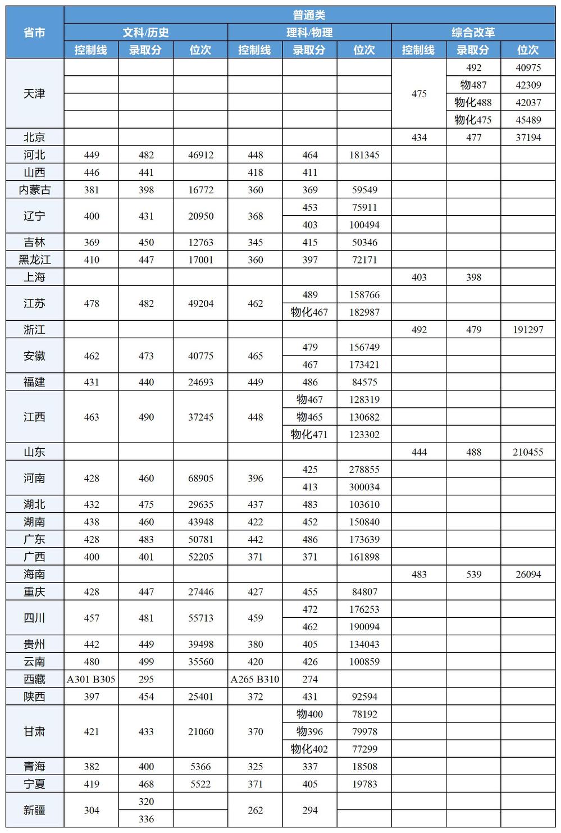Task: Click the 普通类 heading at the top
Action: [x=309, y=15]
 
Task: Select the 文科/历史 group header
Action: [x=145, y=33]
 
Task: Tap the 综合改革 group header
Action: [x=473, y=33]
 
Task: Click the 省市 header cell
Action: [x=35, y=33]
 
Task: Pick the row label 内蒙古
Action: [x=35, y=190]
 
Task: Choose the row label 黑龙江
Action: [x=35, y=260]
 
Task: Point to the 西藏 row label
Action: [x=35, y=679]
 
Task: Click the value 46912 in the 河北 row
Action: [x=200, y=155]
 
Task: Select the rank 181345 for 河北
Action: [x=364, y=155]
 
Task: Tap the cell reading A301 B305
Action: [x=91, y=679]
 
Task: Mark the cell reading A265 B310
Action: [x=255, y=679]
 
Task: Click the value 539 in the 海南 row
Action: [x=473, y=574]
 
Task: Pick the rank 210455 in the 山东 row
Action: [x=528, y=452]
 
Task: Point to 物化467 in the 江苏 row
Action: [x=309, y=312]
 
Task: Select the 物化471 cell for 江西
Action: [x=309, y=434]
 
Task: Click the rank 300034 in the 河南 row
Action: [x=364, y=487]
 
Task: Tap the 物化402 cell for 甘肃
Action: [x=309, y=749]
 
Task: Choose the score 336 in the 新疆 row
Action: [x=146, y=819]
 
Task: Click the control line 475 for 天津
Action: [x=419, y=94]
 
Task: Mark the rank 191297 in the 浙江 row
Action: [x=528, y=330]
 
